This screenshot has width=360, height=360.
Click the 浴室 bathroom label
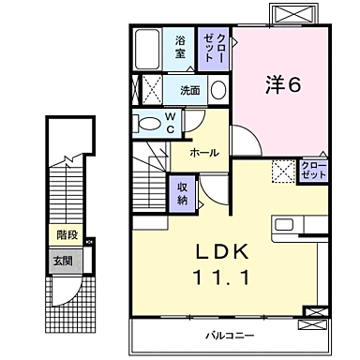pos(180,47)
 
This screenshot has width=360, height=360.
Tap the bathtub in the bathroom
pos(148,49)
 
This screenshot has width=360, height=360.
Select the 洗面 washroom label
pos(190,90)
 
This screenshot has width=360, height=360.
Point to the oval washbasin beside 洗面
pos(218,90)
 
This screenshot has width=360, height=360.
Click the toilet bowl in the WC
pos(150,121)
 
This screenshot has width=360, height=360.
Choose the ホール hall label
pos(205,152)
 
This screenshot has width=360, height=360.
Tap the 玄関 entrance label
pos(61,261)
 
